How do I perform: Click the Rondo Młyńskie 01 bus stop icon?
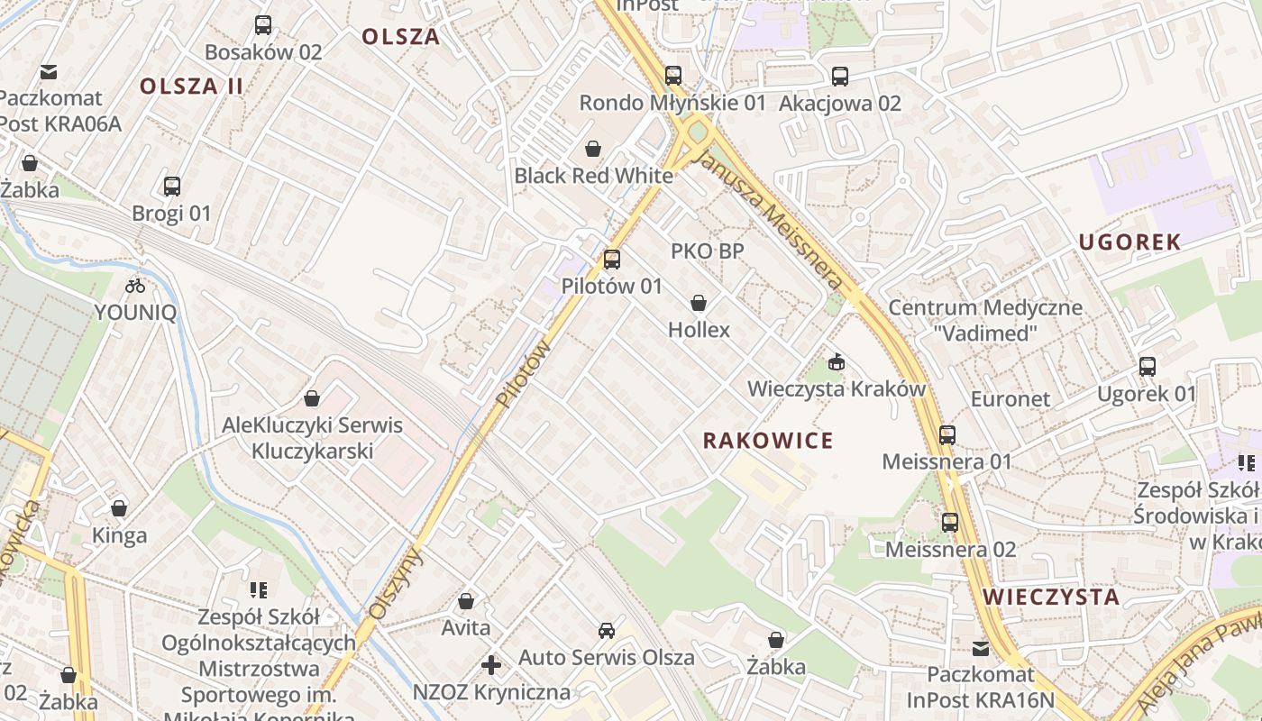673,76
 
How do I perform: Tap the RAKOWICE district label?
768,441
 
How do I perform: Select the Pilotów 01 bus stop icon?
612,260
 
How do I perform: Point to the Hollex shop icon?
699,303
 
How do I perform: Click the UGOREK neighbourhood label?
1129,242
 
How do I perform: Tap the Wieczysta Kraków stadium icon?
837,362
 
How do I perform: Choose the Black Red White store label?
593,176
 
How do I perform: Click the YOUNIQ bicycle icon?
135,286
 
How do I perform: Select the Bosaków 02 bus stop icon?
263,25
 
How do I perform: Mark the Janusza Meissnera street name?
772,217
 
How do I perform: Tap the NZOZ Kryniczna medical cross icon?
491,665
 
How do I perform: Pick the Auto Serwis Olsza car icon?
607,631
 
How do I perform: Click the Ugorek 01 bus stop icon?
1147,367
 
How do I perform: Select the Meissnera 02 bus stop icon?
950,522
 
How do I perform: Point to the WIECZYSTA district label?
1051,597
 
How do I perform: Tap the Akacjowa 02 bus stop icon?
840,77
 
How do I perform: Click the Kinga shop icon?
119,508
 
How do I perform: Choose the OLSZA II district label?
191,87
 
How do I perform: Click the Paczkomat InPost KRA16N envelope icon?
981,648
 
